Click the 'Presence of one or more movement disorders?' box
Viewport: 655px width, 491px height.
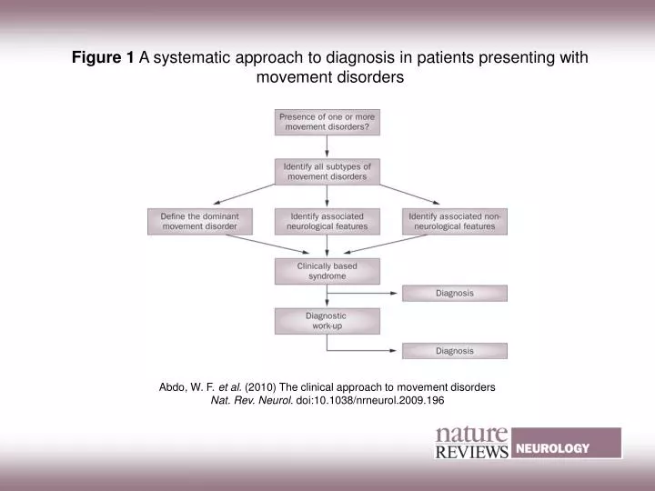click(x=327, y=122)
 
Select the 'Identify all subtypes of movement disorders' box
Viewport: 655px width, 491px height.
click(x=327, y=171)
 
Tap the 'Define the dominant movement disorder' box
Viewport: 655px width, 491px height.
click(x=199, y=221)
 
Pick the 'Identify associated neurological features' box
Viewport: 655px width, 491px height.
click(x=327, y=221)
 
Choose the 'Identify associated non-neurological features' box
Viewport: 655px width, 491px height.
click(x=454, y=221)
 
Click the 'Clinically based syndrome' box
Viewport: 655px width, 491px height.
click(x=327, y=270)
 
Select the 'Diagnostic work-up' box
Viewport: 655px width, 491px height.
click(x=327, y=320)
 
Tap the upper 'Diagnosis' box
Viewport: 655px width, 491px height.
click(x=454, y=293)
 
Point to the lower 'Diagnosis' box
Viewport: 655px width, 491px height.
click(x=454, y=350)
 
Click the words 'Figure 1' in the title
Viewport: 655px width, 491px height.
click(x=104, y=57)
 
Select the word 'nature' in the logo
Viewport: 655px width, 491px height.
click(x=471, y=434)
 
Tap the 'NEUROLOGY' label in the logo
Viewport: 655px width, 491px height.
click(x=553, y=448)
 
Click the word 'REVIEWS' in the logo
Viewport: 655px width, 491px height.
click(x=471, y=452)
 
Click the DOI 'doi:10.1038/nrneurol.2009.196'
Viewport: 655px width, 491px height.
click(x=370, y=400)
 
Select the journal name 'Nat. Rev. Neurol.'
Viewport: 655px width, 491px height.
click(x=252, y=400)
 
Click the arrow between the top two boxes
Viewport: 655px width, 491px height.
click(x=327, y=146)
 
